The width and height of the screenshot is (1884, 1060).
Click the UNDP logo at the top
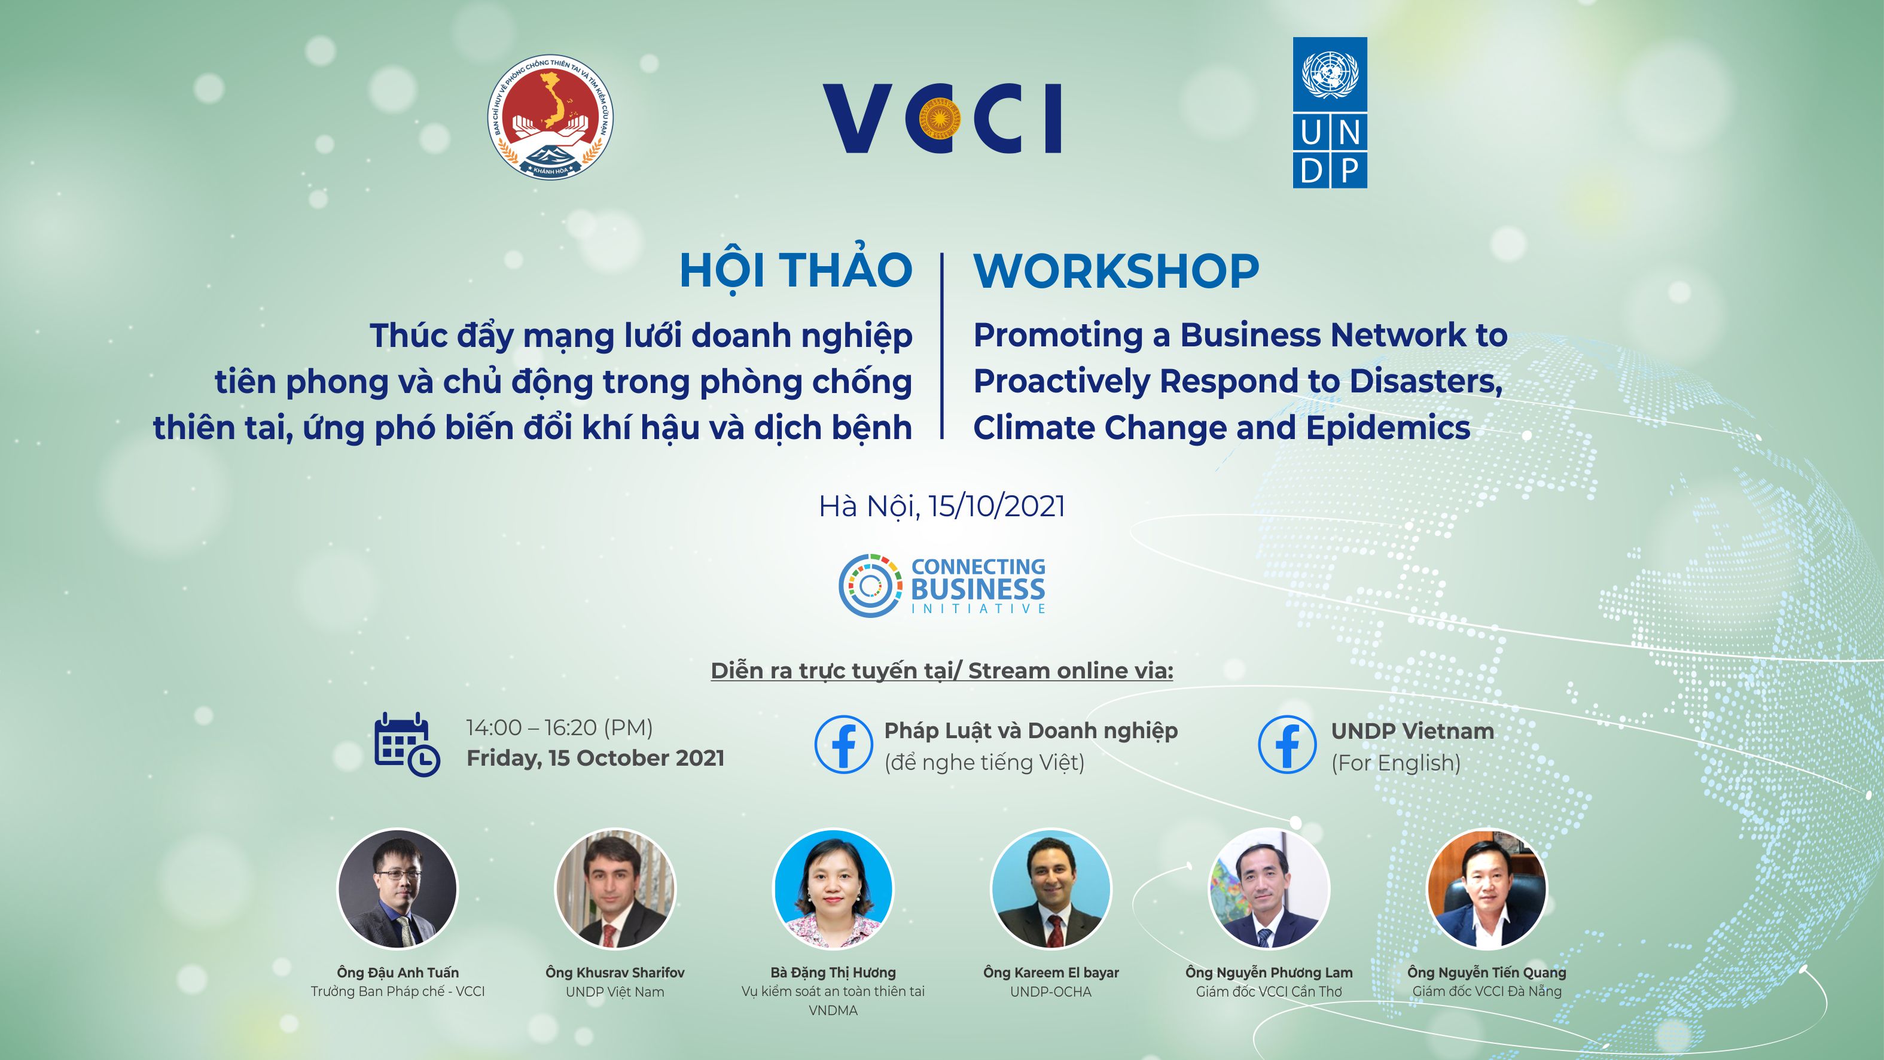pos(1330,112)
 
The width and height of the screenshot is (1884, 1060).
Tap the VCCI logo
pos(942,118)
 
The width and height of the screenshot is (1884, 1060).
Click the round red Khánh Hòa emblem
pos(551,116)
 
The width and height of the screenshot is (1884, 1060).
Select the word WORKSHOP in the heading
pos(1116,272)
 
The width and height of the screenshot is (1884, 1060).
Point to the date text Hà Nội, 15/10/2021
pos(942,506)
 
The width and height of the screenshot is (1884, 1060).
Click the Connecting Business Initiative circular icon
pos(870,585)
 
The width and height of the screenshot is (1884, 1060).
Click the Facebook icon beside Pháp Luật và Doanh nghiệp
pos(843,744)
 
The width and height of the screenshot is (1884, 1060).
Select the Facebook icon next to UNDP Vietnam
pos(1287,744)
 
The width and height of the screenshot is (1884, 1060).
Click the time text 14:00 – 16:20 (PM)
pos(559,728)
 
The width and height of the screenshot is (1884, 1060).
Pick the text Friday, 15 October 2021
pos(595,758)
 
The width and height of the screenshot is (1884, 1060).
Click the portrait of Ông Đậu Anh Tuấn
pos(397,889)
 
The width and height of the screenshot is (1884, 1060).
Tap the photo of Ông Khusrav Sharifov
pos(615,889)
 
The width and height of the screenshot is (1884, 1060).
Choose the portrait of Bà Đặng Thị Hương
pos(833,889)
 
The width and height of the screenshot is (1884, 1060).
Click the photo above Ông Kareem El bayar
pos(1051,889)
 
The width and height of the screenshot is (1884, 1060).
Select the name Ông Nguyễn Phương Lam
pos(1269,973)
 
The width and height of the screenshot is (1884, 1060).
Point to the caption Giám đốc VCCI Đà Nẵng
pos(1487,992)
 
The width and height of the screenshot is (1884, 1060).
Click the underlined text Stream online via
pos(1071,671)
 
